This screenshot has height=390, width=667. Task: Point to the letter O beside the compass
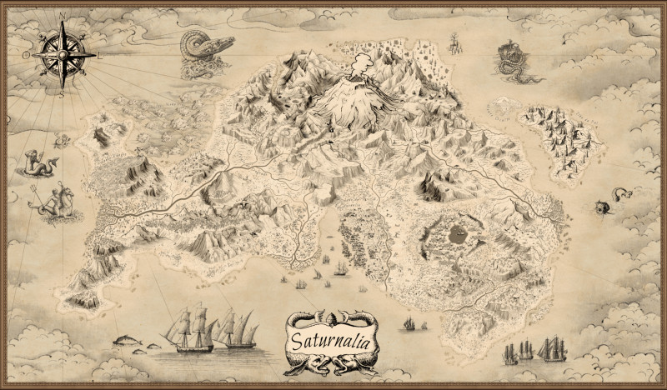click(25, 54)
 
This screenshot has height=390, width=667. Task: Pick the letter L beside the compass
click(99, 54)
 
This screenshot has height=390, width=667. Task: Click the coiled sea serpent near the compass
click(200, 52)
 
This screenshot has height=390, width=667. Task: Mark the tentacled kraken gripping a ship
click(509, 61)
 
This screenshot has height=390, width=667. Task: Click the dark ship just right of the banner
click(409, 323)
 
